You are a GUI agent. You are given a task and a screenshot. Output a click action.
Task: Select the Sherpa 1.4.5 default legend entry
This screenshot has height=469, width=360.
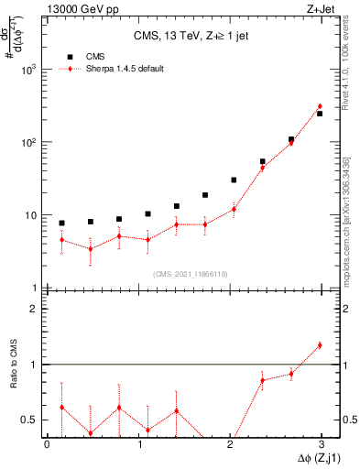coord(125,69)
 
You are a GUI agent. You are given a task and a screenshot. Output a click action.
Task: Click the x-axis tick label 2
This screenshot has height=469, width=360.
coord(229,444)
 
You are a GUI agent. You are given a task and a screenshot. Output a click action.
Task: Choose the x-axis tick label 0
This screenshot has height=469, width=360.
coord(48,444)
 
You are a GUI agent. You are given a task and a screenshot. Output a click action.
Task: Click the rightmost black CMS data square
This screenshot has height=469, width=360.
coord(320,114)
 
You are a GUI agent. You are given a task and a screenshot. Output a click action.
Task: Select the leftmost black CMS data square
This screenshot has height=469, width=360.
coord(61,223)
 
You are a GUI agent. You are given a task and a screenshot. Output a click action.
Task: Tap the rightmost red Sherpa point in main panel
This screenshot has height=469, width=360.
coord(320,106)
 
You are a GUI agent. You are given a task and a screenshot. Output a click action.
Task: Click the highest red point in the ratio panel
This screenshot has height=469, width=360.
coord(320,345)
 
